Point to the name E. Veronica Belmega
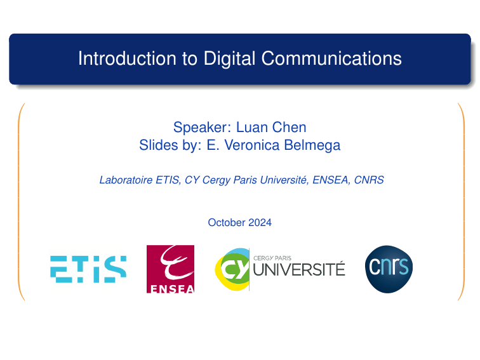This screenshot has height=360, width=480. click(273, 145)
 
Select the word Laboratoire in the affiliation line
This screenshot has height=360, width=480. click(126, 180)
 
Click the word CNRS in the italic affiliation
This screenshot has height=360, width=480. click(370, 180)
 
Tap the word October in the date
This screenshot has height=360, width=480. click(226, 223)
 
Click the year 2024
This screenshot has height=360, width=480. click(260, 223)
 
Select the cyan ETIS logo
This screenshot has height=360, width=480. click(88, 269)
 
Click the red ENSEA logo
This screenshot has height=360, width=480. click(170, 269)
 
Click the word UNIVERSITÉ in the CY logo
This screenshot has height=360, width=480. click(299, 270)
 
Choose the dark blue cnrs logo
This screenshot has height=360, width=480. click(389, 269)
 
